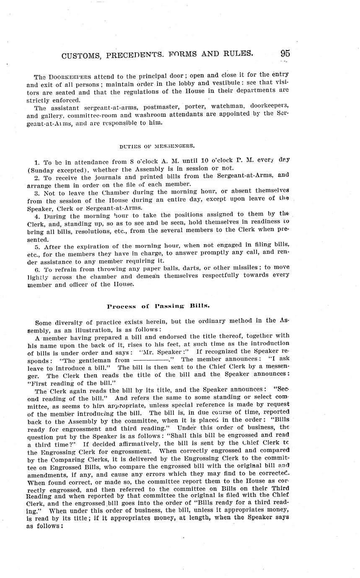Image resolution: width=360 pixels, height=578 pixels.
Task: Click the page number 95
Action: (285, 53)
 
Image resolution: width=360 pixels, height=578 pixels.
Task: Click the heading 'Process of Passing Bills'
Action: (158, 306)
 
